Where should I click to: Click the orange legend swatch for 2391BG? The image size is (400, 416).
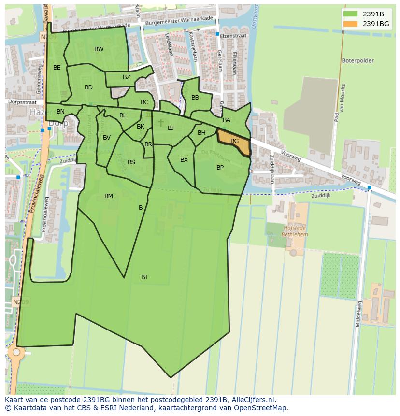click(x=351, y=24)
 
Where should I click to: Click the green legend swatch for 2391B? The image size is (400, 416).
click(x=351, y=14)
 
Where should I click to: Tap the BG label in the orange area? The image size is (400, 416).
click(x=235, y=141)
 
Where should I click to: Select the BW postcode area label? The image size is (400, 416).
click(x=99, y=49)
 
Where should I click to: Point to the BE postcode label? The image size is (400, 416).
click(x=57, y=68)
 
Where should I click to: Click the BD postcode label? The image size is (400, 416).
click(x=88, y=87)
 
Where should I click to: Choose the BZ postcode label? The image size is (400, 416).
click(x=127, y=77)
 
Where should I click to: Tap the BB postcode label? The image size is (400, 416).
click(x=195, y=98)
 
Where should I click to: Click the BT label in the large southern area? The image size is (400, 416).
click(x=144, y=277)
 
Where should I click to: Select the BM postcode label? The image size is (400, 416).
click(x=109, y=196)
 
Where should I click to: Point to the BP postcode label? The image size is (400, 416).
click(x=220, y=168)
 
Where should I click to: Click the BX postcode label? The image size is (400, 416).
click(x=184, y=160)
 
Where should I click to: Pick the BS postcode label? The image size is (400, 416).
click(x=131, y=162)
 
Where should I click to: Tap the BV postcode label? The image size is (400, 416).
click(x=107, y=138)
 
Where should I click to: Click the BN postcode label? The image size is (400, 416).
click(x=60, y=112)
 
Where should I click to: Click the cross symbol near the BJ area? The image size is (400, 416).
click(x=161, y=123)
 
